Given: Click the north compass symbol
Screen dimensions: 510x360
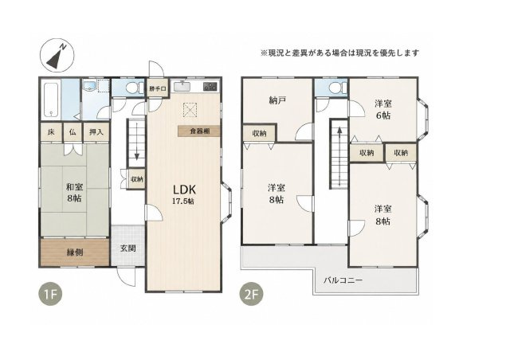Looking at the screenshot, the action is pyautogui.click(x=57, y=56).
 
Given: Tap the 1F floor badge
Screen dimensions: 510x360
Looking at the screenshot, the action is pyautogui.click(x=50, y=295).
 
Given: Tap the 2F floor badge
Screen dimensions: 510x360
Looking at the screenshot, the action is pyautogui.click(x=251, y=295).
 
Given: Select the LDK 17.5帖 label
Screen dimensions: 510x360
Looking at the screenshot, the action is pyautogui.click(x=184, y=194).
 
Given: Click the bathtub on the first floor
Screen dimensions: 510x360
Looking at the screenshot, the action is pyautogui.click(x=51, y=100).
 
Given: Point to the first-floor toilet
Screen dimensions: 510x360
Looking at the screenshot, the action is pyautogui.click(x=133, y=88).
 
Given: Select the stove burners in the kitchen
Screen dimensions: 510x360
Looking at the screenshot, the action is pyautogui.click(x=210, y=87).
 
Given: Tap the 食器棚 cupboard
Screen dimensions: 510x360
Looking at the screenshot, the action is pyautogui.click(x=199, y=131).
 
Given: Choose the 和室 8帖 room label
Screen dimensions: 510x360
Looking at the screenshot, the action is pyautogui.click(x=74, y=193).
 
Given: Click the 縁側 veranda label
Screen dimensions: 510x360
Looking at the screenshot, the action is pyautogui.click(x=75, y=252).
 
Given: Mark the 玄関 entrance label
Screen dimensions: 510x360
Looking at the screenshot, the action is pyautogui.click(x=127, y=248).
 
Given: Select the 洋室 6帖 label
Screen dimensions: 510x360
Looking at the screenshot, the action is pyautogui.click(x=382, y=110).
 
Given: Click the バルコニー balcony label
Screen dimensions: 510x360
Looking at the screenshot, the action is pyautogui.click(x=343, y=280).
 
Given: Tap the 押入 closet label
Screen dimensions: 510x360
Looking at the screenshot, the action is pyautogui.click(x=96, y=132).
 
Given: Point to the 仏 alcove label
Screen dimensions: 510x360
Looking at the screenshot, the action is pyautogui.click(x=73, y=132).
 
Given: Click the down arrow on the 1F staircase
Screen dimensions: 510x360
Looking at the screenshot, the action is pyautogui.click(x=137, y=143).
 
